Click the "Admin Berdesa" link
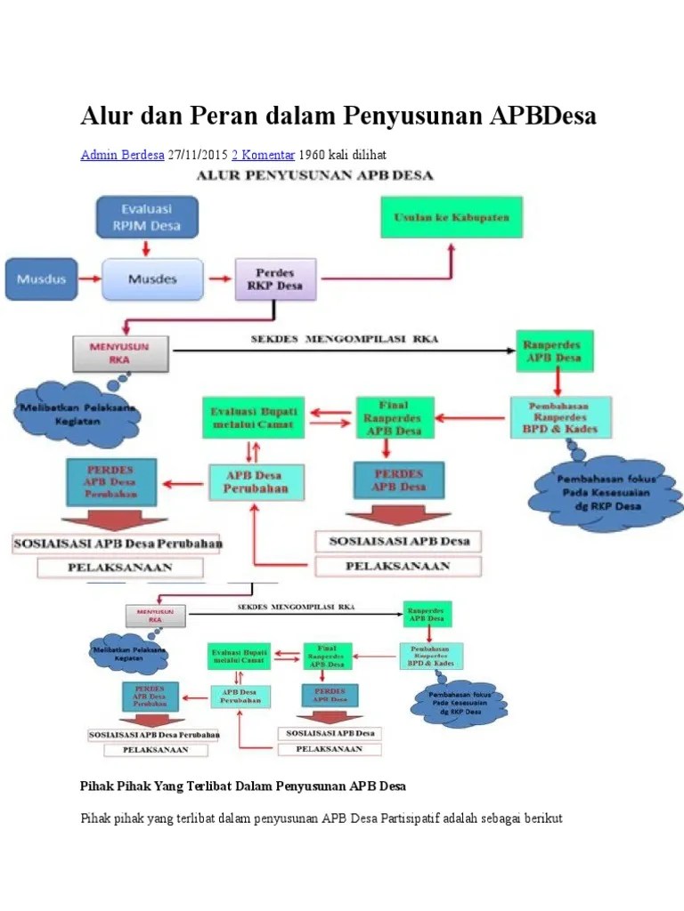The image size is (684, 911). click(122, 154)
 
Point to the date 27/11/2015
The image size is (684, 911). click(197, 154)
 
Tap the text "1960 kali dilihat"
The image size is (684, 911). click(343, 154)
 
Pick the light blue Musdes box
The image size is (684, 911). click(151, 278)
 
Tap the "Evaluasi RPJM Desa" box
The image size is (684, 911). click(147, 217)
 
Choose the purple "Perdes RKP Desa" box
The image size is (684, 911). click(275, 278)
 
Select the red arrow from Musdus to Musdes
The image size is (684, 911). click(90, 279)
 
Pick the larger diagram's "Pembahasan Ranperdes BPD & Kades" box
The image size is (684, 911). click(561, 417)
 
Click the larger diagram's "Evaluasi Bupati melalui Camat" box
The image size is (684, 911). click(255, 417)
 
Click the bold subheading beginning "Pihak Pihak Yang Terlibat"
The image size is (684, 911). click(242, 786)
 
